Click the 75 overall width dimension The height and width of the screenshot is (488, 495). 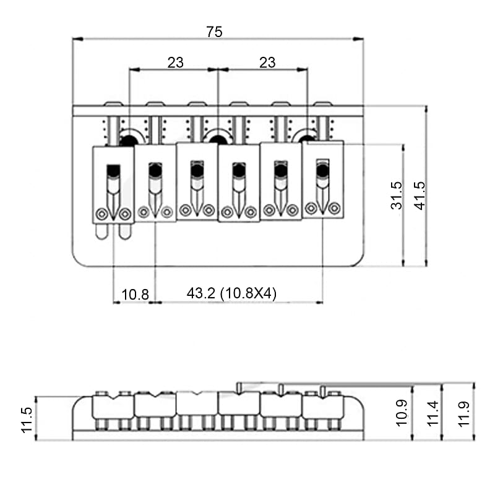point(214,32)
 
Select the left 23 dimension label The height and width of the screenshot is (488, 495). point(175,62)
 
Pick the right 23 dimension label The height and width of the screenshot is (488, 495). point(267,62)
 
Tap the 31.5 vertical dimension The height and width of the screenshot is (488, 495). point(397,195)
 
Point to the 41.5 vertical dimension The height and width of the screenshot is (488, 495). point(420,195)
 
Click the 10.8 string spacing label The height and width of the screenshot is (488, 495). point(134,294)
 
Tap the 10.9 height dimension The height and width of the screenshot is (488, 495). point(402,411)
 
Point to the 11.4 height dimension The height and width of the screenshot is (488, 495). point(433,411)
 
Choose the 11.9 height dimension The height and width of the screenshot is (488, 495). point(463,411)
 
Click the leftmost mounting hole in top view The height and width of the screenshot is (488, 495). point(129,138)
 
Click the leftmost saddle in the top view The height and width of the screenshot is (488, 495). point(113,184)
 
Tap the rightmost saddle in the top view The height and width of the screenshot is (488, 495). point(322,179)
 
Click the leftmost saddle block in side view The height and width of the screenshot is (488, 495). point(113,406)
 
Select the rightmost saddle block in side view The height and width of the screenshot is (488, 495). point(322,406)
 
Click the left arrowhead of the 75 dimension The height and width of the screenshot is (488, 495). point(75,39)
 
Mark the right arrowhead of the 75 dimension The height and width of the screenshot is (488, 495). point(361,39)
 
